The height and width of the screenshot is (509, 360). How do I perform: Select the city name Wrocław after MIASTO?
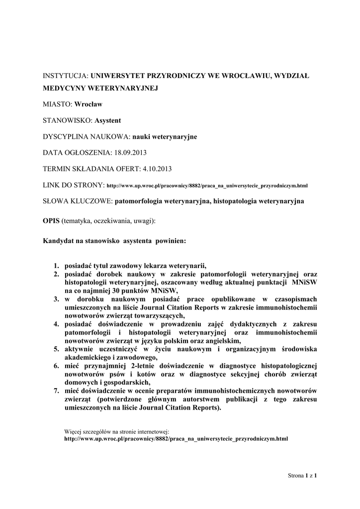coord(88,104)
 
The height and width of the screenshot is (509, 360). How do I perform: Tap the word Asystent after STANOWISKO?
coord(107,120)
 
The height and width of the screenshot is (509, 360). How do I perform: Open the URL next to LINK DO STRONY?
coord(207,186)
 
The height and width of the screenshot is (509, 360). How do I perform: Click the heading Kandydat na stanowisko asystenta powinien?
coord(115,241)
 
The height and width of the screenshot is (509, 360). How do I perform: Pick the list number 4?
coord(57,324)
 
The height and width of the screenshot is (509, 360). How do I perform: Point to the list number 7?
coord(57,391)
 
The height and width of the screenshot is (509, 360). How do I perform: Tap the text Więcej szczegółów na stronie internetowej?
coord(117,431)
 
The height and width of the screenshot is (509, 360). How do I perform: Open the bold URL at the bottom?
coord(177,439)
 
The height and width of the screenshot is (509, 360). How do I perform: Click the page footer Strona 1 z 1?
coord(302,476)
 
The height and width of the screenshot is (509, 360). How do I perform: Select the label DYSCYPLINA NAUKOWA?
coord(86,137)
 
